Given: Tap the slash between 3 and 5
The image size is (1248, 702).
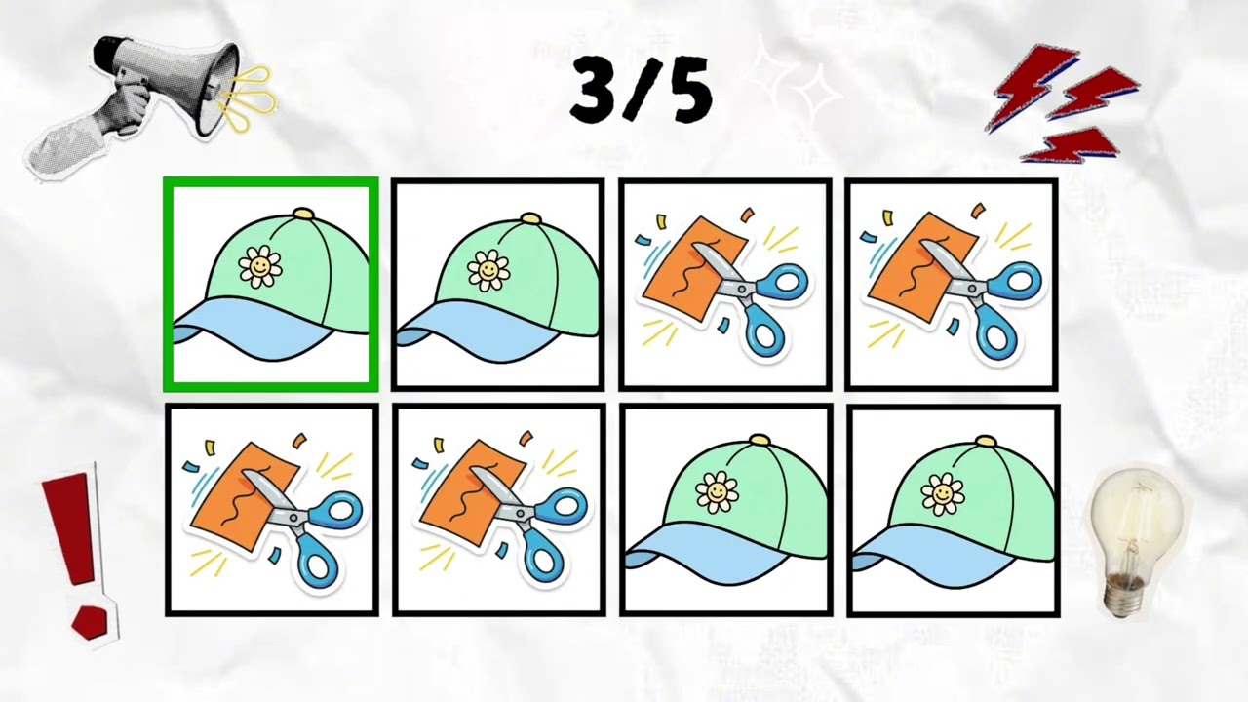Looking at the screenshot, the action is point(641,89).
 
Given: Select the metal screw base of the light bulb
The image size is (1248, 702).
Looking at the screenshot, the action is point(1125,595).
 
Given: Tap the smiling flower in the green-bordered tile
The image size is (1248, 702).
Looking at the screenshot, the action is point(259,266).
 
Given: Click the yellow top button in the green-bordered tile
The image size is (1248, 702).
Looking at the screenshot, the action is point(303,213).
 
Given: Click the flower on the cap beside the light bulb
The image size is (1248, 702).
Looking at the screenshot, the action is point(943,493).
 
